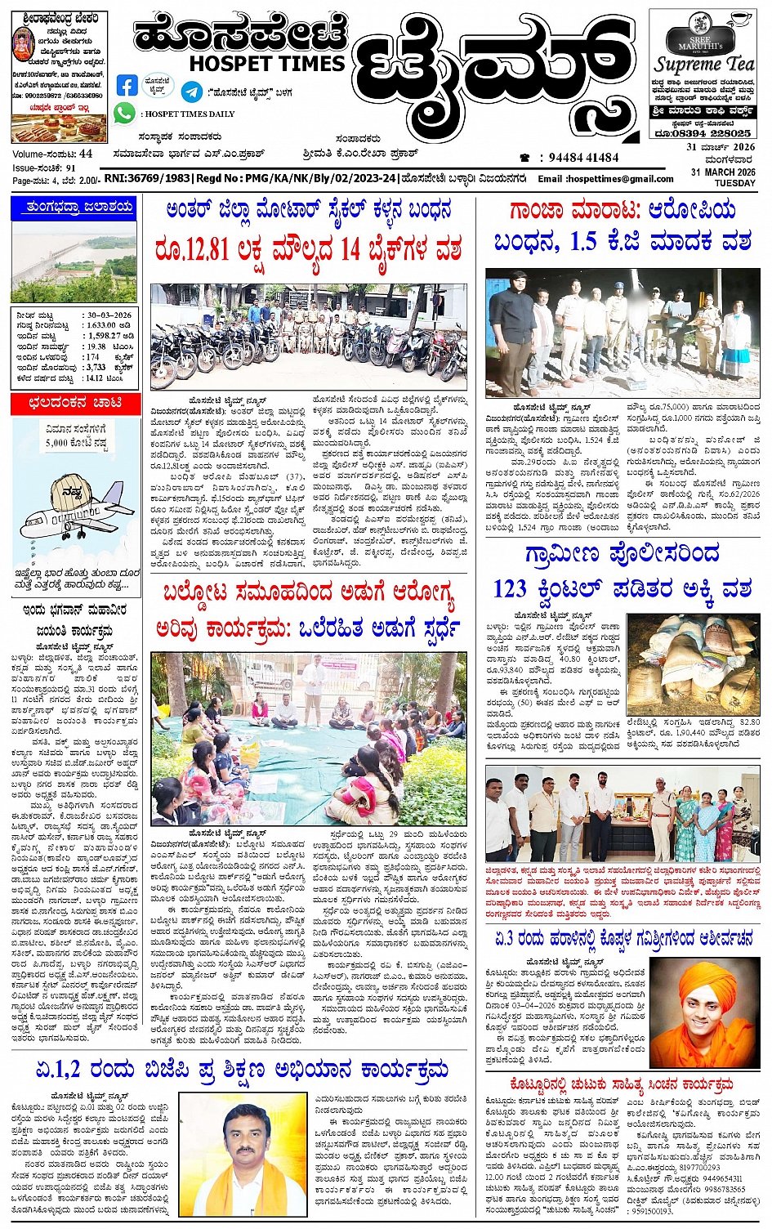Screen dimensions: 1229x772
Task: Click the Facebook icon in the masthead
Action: pos(127,86)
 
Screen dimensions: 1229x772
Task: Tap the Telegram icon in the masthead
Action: pos(192,92)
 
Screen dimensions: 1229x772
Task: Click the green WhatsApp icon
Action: pos(125,113)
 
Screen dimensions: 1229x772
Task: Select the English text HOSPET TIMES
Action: pos(266,63)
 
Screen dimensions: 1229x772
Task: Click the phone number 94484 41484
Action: pos(583,157)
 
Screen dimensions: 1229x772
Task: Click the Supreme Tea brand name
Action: pos(703,64)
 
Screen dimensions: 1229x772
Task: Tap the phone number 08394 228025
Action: pos(715,133)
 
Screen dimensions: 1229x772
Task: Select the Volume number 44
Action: pos(86,154)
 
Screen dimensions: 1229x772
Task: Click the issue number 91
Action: pos(71,168)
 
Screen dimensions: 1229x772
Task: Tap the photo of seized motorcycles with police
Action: pos(308,336)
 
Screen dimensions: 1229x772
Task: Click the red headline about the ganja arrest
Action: pos(623,210)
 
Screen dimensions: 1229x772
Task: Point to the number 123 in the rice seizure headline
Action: pos(510,588)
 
